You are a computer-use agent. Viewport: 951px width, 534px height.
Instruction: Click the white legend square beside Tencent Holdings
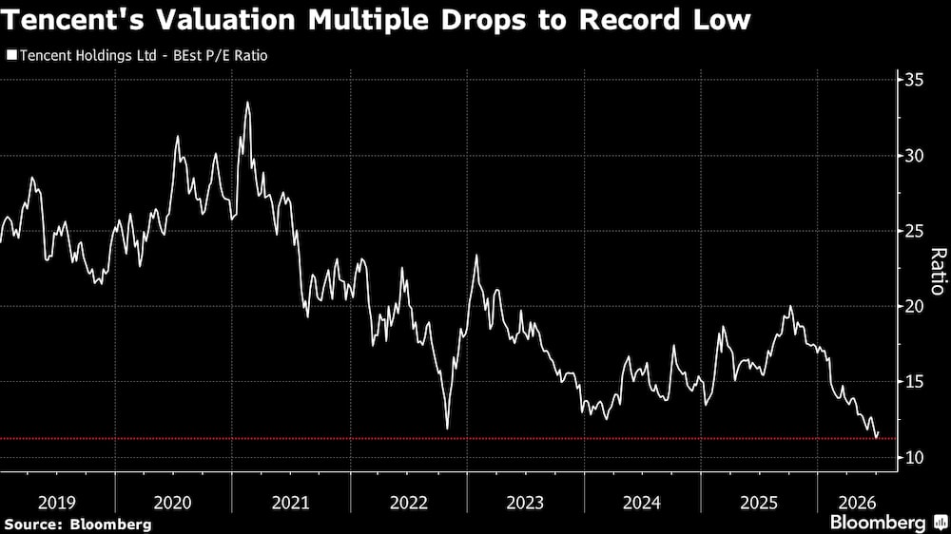click(x=11, y=55)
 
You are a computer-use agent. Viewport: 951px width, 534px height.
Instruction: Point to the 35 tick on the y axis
click(x=915, y=80)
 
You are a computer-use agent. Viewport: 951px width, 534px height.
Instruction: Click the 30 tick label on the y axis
click(x=915, y=156)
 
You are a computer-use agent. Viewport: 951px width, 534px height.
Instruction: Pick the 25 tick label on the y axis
click(x=915, y=231)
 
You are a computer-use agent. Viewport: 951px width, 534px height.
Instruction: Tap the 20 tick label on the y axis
click(x=915, y=306)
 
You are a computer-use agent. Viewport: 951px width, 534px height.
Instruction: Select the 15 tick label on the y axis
click(x=915, y=382)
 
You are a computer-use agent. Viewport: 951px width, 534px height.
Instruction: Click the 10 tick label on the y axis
click(x=915, y=457)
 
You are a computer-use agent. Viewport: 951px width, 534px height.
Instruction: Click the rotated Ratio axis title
click(x=938, y=271)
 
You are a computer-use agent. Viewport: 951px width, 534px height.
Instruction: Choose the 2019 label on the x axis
click(x=56, y=503)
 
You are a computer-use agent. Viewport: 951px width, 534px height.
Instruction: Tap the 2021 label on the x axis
click(x=290, y=503)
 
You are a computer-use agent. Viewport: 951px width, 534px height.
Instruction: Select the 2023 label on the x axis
click(x=525, y=503)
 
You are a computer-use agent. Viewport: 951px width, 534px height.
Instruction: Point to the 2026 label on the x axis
click(x=857, y=503)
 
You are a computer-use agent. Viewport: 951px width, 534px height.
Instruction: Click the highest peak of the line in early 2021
click(x=247, y=103)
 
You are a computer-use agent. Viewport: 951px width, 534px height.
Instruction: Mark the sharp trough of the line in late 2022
click(x=448, y=429)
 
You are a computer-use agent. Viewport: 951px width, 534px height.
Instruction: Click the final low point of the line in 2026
click(x=876, y=438)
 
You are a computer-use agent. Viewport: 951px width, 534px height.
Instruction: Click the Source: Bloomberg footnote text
click(x=78, y=524)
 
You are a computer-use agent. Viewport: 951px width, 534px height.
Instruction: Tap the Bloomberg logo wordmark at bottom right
click(x=878, y=522)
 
